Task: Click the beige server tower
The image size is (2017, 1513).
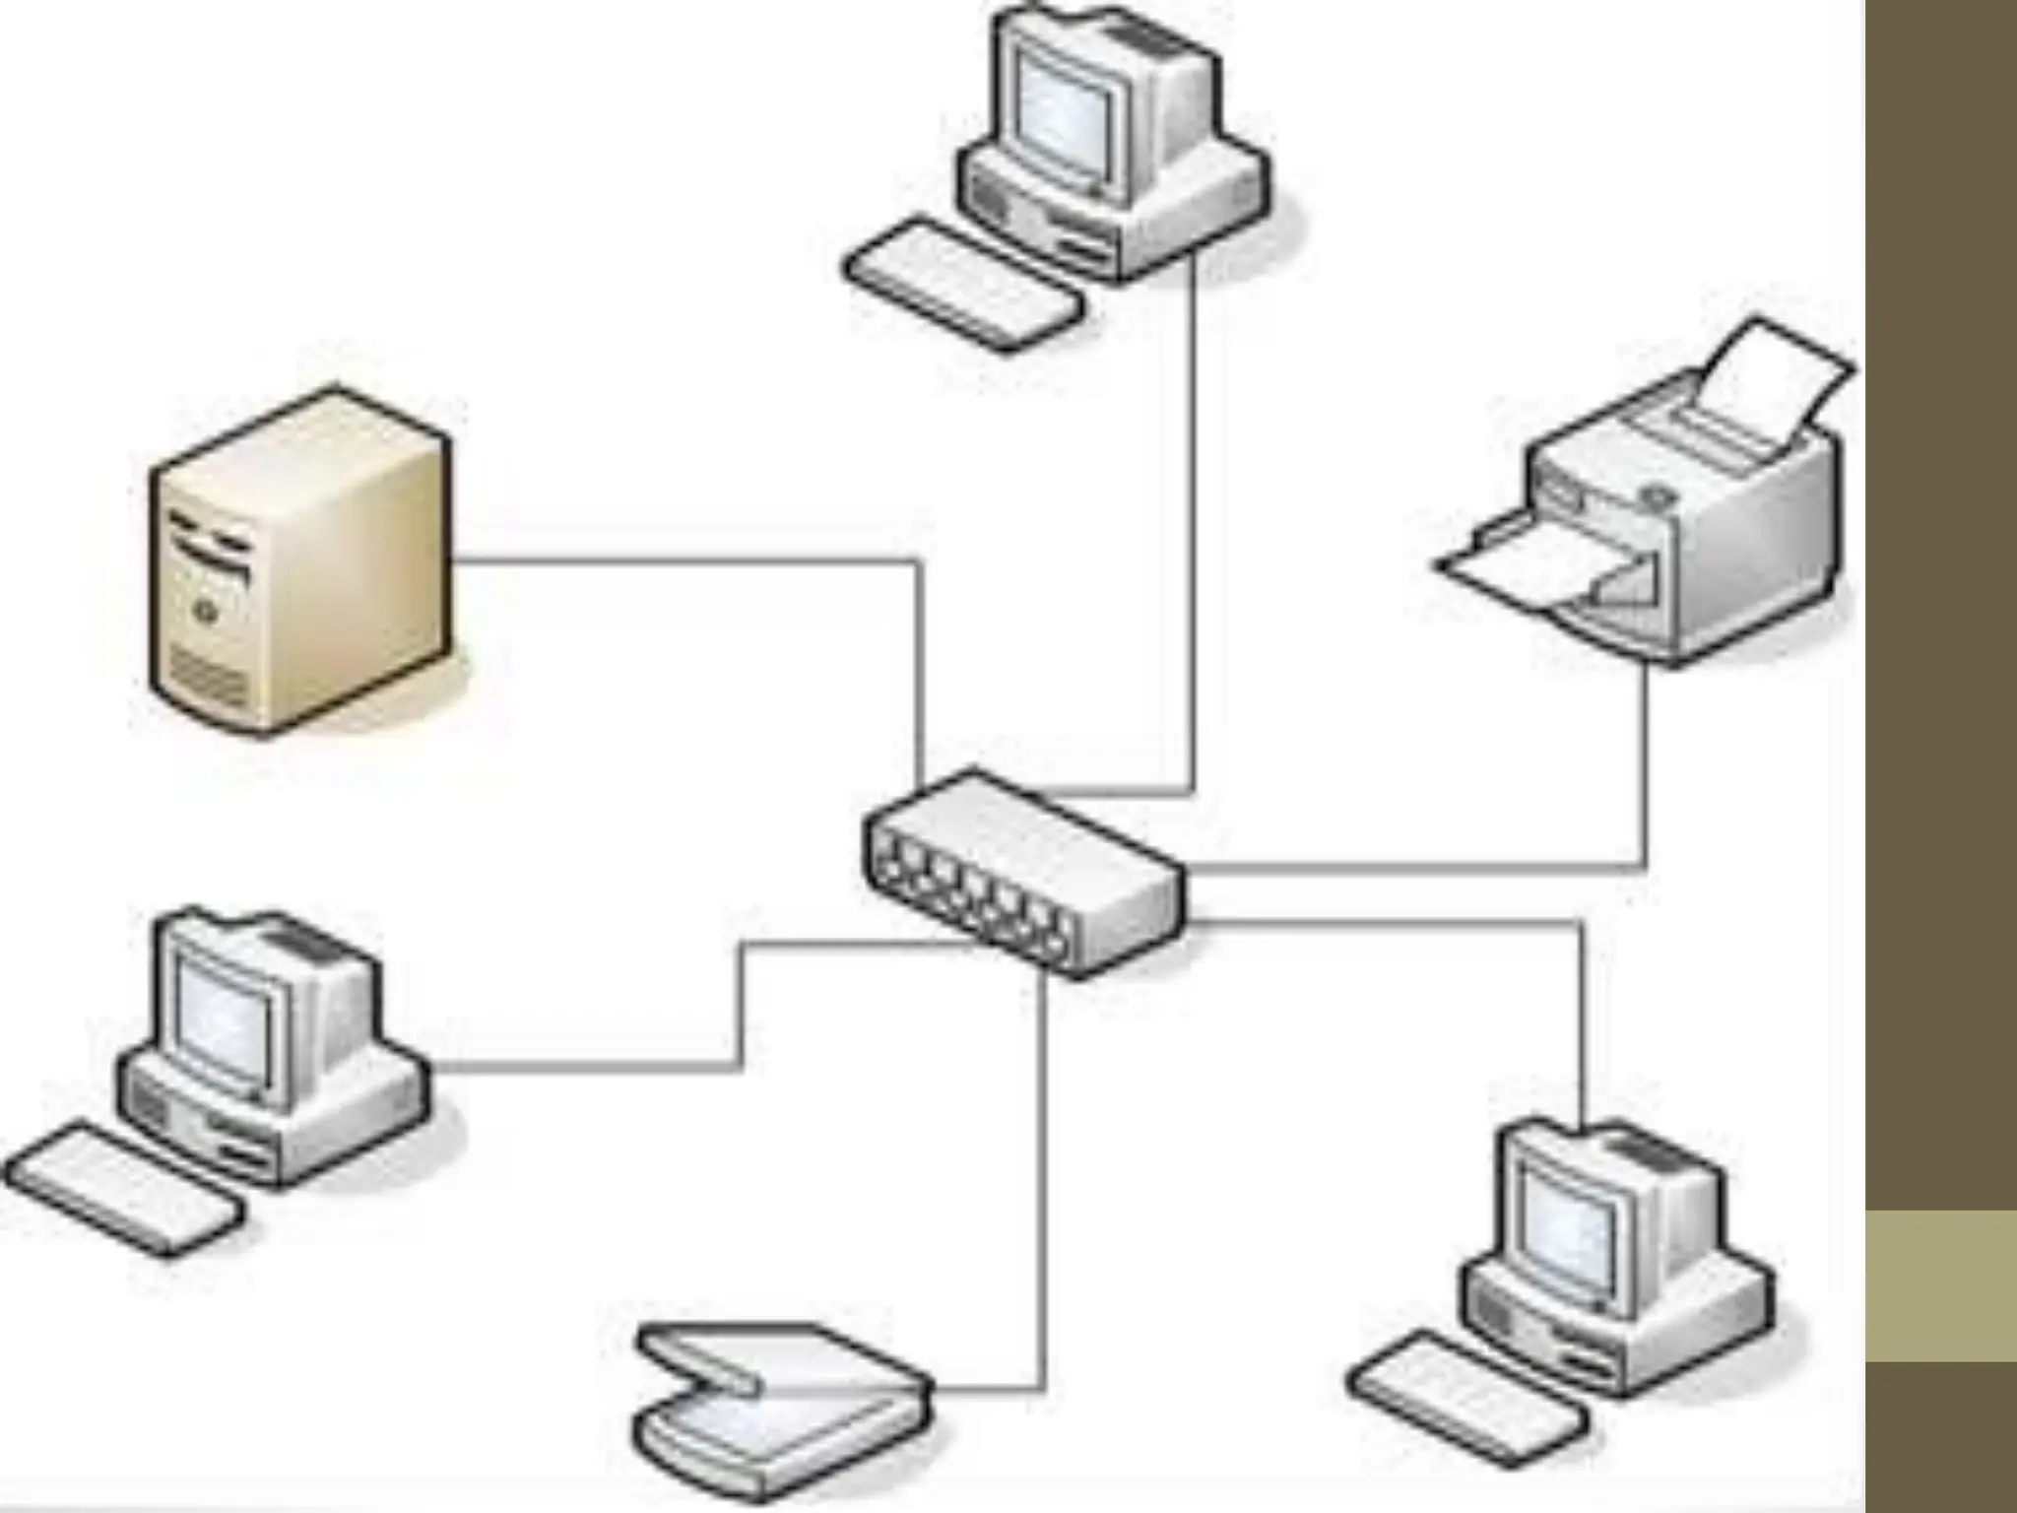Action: point(300,561)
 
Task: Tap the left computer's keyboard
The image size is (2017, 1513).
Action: point(123,1192)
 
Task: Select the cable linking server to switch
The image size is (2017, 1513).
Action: point(689,562)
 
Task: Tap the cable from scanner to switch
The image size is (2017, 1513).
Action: point(1043,1182)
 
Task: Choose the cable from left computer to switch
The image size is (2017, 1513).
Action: point(591,1068)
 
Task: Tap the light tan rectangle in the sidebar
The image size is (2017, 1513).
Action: point(1941,1285)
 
